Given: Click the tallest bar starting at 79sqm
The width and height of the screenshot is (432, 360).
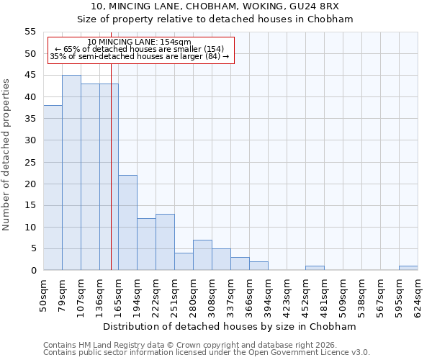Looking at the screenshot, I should point(71,173).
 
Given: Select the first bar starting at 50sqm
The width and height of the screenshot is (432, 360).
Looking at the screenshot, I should point(53,188).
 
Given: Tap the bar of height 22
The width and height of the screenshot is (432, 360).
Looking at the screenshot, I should point(127,222).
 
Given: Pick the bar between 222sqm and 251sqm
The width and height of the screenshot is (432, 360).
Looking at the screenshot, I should point(165,242).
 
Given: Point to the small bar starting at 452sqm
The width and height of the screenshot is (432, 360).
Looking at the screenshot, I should point(315,268).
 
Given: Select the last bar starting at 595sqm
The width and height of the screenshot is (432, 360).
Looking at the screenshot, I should point(408,268).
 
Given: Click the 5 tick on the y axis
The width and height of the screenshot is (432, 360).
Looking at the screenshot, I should point(33,248).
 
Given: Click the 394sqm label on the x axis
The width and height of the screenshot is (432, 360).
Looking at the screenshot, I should point(269,294).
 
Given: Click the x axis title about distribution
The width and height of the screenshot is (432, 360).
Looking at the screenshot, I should point(230,326).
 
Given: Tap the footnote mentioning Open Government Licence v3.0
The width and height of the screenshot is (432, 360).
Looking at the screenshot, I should point(207,353).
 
